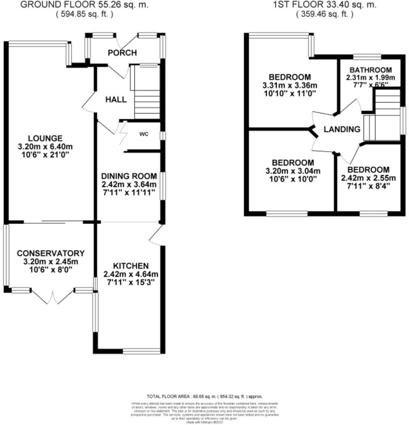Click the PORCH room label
point(122,53)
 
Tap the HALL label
point(116,100)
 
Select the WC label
point(144,134)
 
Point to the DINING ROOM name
point(129,176)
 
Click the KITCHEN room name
point(131,266)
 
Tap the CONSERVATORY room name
point(51,253)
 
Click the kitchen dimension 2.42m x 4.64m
point(131,274)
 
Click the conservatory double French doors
point(52,297)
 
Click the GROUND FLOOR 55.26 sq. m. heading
point(84,5)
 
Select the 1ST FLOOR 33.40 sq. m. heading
point(325,5)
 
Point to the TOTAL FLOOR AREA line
point(204,396)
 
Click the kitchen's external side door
point(156,235)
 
